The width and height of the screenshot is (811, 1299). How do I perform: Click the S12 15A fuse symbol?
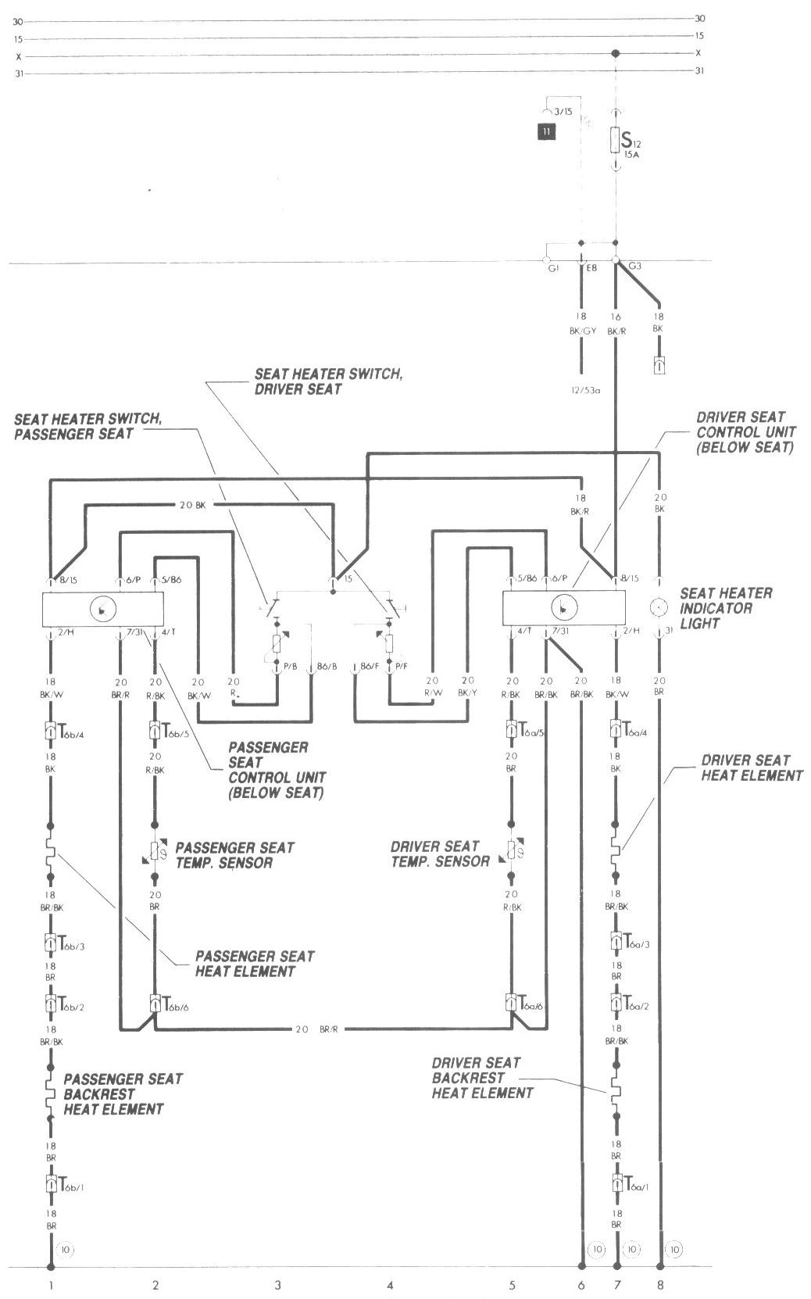pos(616,140)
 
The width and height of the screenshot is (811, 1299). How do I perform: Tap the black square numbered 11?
pos(545,131)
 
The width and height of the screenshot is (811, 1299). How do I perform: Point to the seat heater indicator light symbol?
pos(659,607)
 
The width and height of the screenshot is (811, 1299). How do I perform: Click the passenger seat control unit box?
pos(102,609)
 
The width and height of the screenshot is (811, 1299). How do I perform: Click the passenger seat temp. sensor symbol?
pos(155,850)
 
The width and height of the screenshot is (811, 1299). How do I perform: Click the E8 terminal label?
pos(591,268)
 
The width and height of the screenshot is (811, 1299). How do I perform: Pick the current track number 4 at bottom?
pos(390,1284)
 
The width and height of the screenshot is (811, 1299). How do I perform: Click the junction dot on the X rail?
pos(616,54)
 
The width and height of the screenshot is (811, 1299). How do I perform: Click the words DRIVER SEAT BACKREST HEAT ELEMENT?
pos(482,1078)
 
